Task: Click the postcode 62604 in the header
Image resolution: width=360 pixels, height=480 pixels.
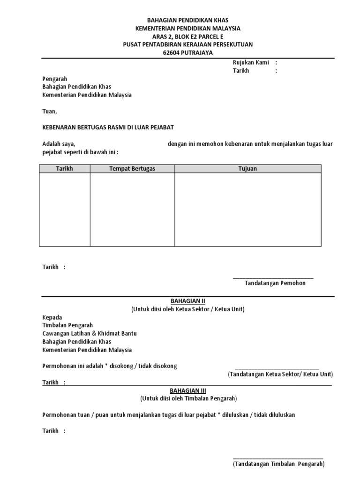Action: click(171, 52)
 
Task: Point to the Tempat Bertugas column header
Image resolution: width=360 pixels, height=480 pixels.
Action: click(132, 169)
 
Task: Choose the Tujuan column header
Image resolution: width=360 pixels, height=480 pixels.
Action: click(248, 169)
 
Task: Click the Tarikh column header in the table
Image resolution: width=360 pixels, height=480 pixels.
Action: click(65, 169)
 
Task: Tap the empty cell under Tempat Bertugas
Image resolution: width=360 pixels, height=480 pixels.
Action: click(132, 210)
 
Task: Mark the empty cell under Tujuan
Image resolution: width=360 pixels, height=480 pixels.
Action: click(248, 210)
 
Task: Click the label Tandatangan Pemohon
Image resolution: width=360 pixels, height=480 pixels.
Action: click(275, 283)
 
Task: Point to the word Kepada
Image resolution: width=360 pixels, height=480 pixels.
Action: click(52, 317)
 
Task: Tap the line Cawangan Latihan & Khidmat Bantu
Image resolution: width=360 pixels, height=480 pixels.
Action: click(90, 333)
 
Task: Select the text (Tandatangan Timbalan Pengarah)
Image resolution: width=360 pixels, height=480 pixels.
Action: click(278, 464)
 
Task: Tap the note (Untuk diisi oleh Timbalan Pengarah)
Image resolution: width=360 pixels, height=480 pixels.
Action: click(188, 399)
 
